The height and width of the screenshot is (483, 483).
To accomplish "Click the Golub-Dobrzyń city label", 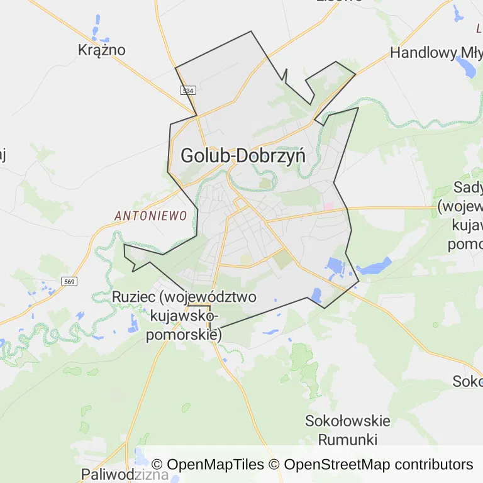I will coord(243,155).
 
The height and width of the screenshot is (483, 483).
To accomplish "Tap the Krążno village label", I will coord(101,50).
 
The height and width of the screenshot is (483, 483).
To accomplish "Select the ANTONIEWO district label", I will coord(151,216).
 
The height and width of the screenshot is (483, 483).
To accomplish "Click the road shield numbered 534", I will coord(187,91).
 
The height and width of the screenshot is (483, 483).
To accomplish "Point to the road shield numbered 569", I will coord(69,281).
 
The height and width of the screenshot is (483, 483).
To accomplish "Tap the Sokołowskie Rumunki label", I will coord(347,430).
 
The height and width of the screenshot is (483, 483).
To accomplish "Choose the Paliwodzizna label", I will coord(125,474).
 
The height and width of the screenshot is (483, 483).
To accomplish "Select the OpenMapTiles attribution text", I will coord(208,465).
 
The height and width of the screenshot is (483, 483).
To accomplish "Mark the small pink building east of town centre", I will coord(328,206).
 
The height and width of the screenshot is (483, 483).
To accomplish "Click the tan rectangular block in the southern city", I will coord(282,258).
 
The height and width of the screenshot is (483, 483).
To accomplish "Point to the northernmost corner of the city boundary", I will coord(252,31).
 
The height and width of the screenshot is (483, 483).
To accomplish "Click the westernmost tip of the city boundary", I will coord(124,245).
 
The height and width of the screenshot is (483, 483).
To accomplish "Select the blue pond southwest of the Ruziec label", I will coord(133,323).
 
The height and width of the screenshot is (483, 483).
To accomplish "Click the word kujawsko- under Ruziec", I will coord(185,316).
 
